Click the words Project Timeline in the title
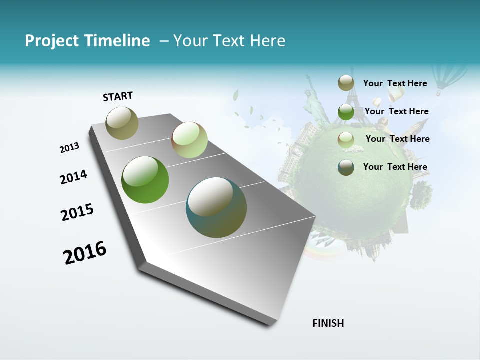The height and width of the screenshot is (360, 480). (x=87, y=41)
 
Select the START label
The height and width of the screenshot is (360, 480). (x=118, y=96)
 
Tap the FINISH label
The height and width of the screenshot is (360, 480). (x=328, y=323)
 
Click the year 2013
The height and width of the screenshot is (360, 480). (x=69, y=147)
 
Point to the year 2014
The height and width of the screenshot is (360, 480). (x=73, y=177)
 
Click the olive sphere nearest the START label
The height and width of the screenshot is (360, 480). (x=122, y=123)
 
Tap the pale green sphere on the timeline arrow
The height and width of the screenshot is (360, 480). (x=189, y=140)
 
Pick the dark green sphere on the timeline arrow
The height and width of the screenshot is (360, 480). (x=145, y=180)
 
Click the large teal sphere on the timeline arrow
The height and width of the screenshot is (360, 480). (x=216, y=207)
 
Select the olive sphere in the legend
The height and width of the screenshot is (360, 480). (x=346, y=83)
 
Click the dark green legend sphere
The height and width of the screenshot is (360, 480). (x=346, y=111)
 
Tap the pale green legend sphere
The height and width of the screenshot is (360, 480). (x=346, y=139)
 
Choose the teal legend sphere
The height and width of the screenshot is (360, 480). (x=346, y=167)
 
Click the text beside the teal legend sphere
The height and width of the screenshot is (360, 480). (x=395, y=167)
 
